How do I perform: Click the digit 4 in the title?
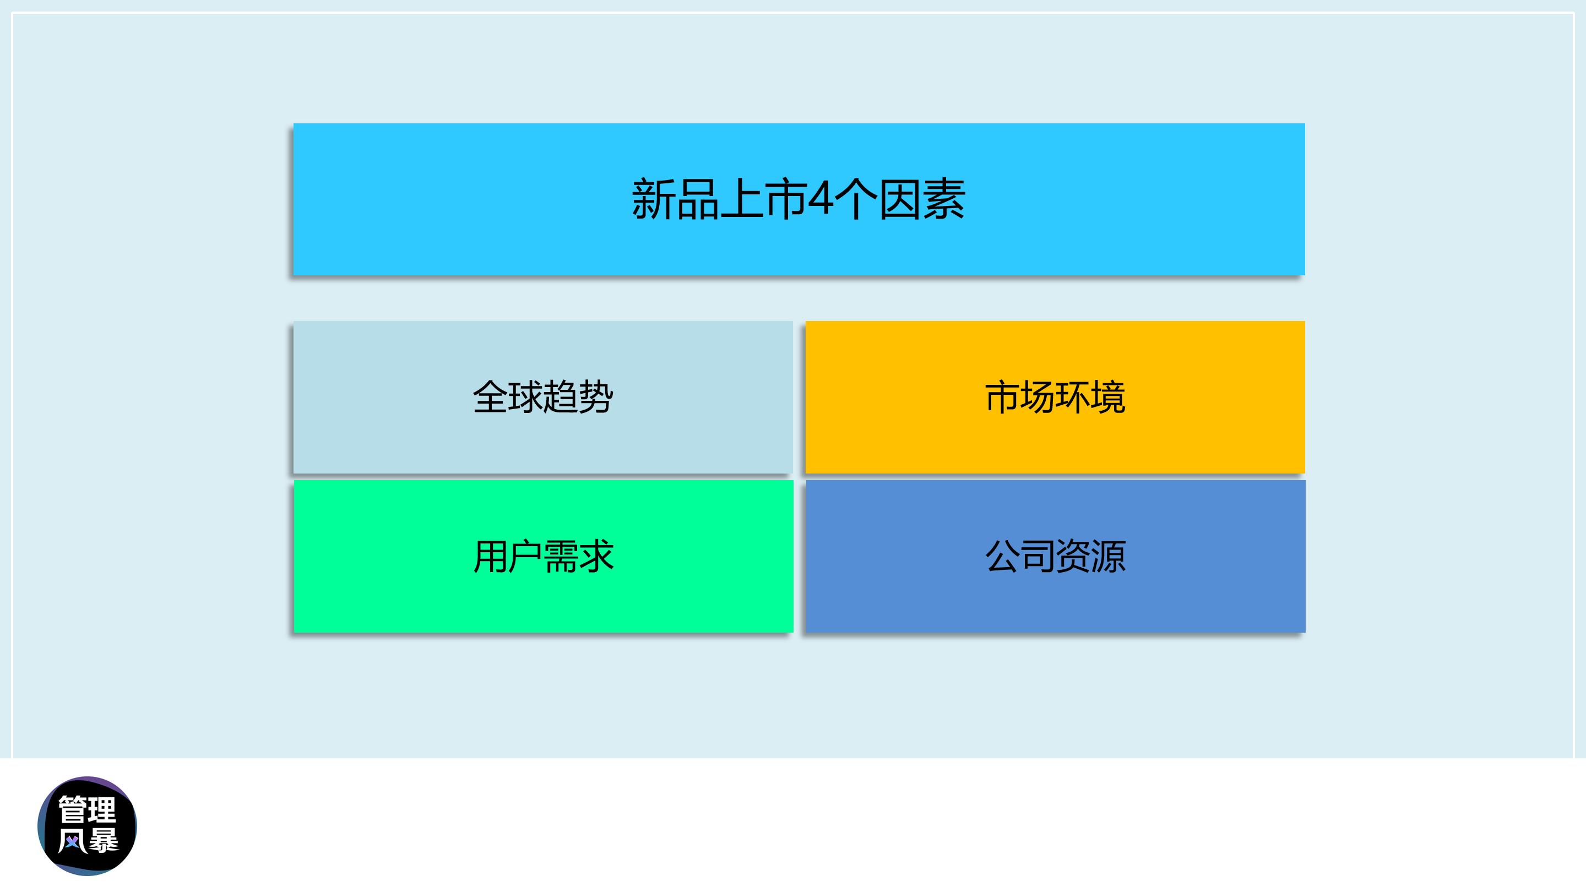point(820,199)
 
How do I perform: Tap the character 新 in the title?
point(654,199)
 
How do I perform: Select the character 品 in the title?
point(698,199)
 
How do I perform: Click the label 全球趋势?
point(543,397)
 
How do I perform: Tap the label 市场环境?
point(1055,397)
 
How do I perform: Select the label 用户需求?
point(543,557)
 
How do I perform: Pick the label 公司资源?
point(1055,557)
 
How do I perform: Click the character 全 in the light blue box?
point(490,397)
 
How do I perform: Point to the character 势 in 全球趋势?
point(596,397)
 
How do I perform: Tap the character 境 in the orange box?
point(1108,397)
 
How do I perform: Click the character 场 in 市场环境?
point(1038,397)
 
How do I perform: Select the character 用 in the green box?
point(490,557)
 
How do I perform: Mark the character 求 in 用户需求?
point(596,557)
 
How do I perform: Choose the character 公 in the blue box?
point(1002,557)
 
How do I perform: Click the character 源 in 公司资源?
point(1108,557)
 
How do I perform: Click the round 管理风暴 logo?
point(88,825)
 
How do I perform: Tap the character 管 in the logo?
point(73,809)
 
